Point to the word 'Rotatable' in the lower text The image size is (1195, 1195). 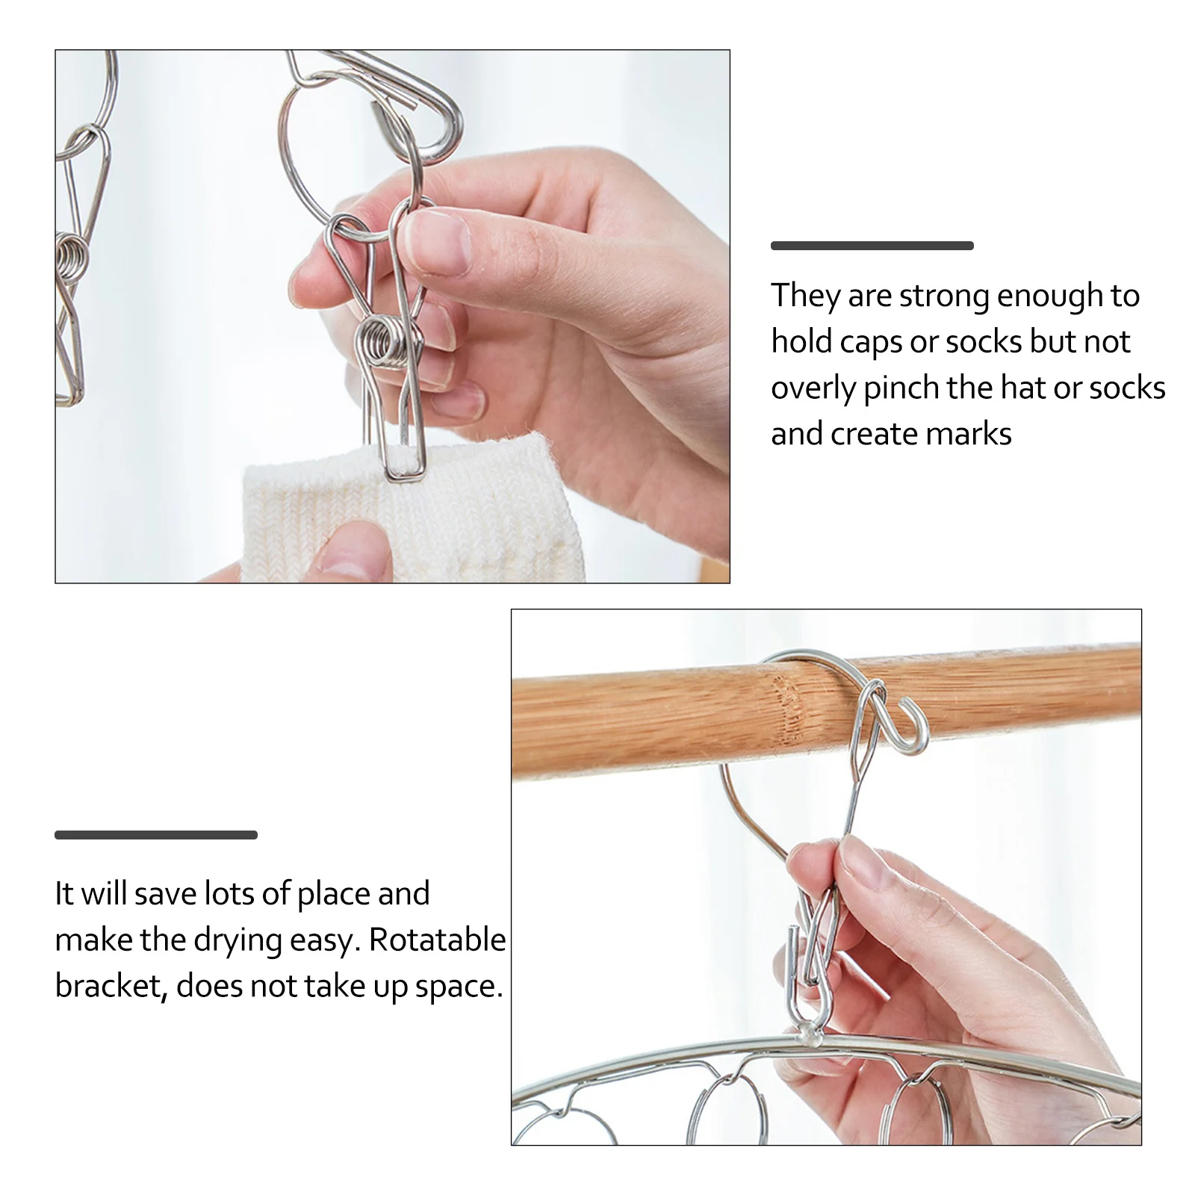[437, 940]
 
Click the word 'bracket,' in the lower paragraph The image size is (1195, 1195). [111, 987]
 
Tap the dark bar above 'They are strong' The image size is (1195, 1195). [872, 246]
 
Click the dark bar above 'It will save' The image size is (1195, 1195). [155, 835]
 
